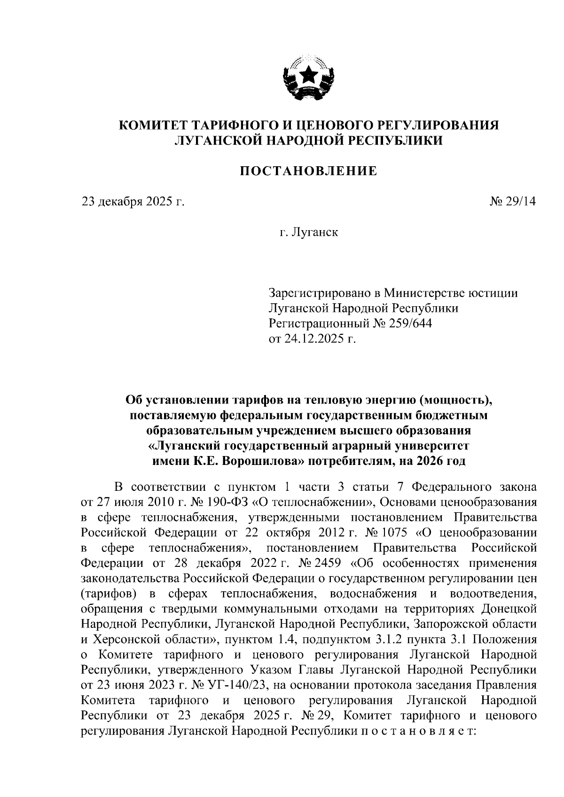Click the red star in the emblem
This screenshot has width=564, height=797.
(x=309, y=74)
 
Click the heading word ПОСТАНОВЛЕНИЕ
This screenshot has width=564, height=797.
(x=308, y=171)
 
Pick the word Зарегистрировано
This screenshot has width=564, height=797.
(x=320, y=293)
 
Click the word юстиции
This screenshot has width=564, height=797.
(x=493, y=293)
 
